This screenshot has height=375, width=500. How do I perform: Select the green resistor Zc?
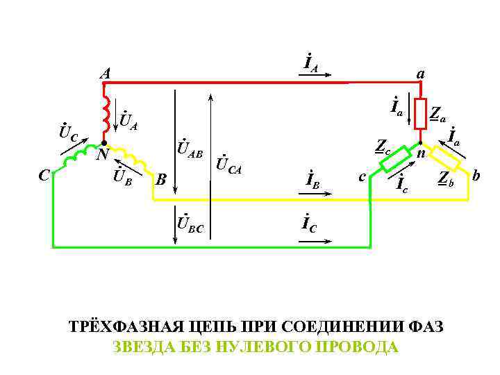pyautogui.click(x=396, y=159)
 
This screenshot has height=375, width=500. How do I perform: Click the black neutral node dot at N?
pyautogui.click(x=103, y=144)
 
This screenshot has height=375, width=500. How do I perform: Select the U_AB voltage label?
pyautogui.click(x=189, y=148)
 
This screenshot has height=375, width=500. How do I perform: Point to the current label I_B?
pyautogui.click(x=312, y=179)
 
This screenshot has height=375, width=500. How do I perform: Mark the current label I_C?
pyautogui.click(x=310, y=224)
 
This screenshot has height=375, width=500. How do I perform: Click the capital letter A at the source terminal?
pyautogui.click(x=104, y=72)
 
